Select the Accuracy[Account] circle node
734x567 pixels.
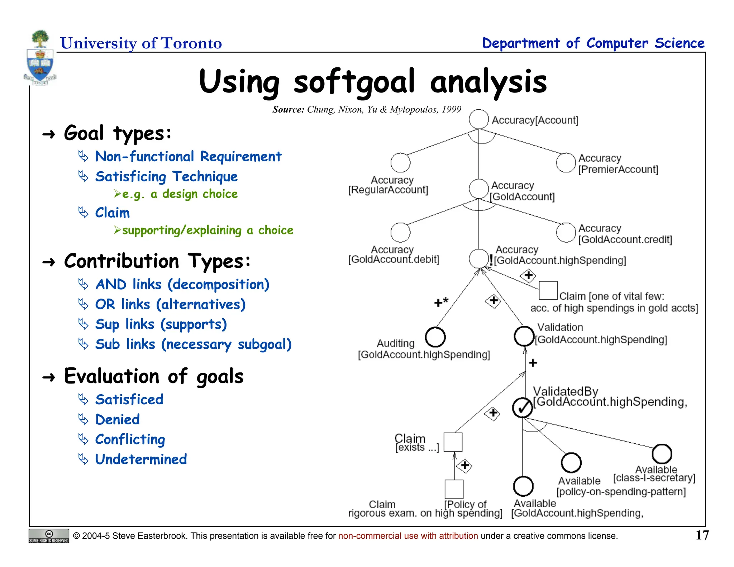click(478, 119)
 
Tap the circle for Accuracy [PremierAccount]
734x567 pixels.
click(566, 162)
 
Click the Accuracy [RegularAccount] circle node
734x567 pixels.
click(400, 163)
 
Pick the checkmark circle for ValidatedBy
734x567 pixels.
click(523, 408)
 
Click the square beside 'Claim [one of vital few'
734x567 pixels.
click(548, 290)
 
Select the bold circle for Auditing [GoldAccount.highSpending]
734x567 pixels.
click(435, 337)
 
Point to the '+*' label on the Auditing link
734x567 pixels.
click(441, 302)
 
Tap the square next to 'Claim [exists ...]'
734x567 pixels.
click(453, 442)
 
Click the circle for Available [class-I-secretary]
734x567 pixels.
click(662, 454)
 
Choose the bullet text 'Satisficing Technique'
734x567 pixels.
click(166, 176)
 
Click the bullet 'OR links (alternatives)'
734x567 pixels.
click(170, 304)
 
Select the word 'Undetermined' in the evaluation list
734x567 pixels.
click(141, 459)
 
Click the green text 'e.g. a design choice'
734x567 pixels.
click(180, 194)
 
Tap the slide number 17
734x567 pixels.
click(702, 535)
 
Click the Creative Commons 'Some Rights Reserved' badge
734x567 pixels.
click(49, 536)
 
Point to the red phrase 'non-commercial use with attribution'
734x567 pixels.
click(408, 536)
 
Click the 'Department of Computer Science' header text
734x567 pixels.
click(593, 43)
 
